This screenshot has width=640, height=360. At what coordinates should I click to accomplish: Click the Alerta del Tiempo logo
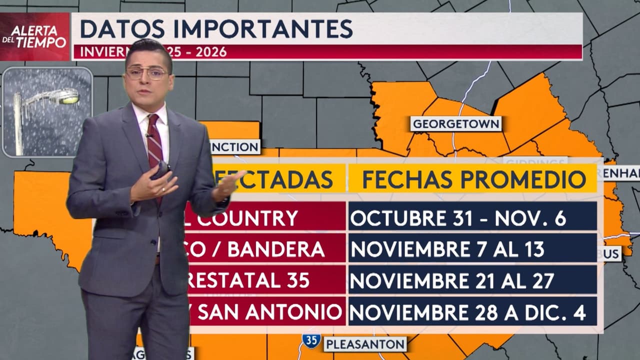point(34,36)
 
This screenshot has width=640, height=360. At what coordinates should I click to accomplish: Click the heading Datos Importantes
point(216,29)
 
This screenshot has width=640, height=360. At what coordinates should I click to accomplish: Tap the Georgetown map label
point(455,123)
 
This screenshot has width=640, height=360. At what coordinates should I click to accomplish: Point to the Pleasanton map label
point(364,344)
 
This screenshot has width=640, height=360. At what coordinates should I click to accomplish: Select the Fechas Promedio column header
point(473,179)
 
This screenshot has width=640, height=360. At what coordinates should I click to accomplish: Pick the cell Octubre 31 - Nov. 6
point(472,217)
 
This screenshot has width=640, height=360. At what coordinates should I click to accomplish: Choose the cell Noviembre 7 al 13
point(472,249)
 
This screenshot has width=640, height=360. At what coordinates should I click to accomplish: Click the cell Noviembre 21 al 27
point(472,280)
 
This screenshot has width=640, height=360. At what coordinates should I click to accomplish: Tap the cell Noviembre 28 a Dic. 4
point(472,312)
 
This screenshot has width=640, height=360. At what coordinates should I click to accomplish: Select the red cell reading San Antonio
point(267,312)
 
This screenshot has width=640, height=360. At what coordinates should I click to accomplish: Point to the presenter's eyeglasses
point(146,73)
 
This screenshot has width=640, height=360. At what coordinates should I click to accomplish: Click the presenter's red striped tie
point(154,140)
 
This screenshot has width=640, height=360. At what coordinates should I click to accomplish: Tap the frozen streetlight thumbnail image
point(47,112)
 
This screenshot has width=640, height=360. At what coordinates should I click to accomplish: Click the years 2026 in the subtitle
point(211,52)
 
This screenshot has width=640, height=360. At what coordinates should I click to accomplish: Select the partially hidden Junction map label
point(234,147)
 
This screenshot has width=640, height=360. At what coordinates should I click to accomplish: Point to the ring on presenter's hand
point(163,189)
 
